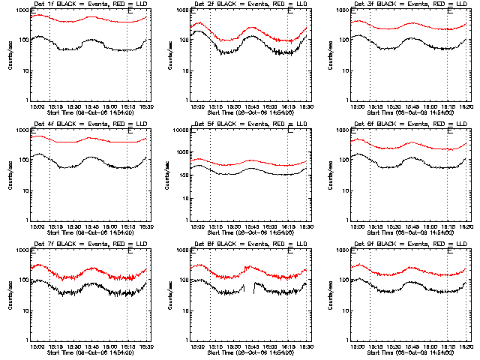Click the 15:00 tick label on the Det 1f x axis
(x=37, y=106)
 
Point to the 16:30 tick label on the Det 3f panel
(x=466, y=106)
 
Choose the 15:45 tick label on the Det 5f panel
(x=251, y=226)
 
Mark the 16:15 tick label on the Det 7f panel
(x=127, y=346)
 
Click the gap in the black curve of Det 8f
(x=250, y=286)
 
